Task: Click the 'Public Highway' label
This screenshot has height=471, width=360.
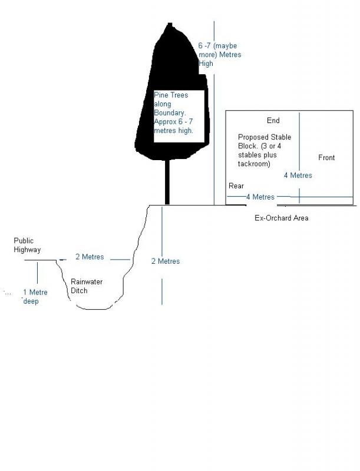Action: [27, 245]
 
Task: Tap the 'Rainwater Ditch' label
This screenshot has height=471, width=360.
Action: [86, 286]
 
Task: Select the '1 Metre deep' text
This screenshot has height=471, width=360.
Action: [35, 296]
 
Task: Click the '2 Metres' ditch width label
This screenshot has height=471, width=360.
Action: [90, 257]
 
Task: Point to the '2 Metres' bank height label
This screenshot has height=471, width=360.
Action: [166, 261]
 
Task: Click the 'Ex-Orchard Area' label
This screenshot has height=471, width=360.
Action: [281, 218]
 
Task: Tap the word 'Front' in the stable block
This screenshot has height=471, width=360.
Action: [326, 158]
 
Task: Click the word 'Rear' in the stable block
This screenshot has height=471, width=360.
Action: [236, 186]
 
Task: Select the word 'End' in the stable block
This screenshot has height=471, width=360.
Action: [273, 121]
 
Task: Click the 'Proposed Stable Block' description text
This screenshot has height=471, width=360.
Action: [265, 150]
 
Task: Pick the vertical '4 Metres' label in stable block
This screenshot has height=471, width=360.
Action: [298, 175]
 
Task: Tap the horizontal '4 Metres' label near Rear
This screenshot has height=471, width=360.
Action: [260, 197]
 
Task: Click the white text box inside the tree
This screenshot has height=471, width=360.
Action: [179, 116]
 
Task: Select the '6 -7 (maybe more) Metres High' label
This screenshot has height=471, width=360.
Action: [219, 55]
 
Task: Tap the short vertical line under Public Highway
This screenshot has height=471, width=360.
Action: [37, 272]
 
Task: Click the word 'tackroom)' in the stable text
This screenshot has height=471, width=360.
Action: [254, 164]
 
